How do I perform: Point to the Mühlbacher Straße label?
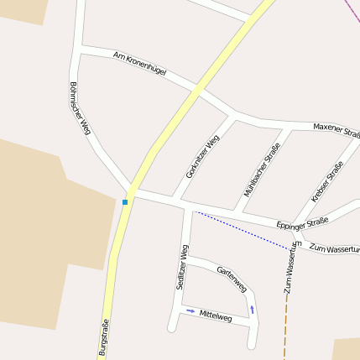click(261, 170)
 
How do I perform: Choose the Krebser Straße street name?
click(326, 181)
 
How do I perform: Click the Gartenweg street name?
click(231, 279)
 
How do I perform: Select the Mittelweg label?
click(215, 315)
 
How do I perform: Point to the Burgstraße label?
click(105, 337)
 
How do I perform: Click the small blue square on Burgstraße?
click(125, 202)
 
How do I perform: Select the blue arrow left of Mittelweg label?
click(190, 311)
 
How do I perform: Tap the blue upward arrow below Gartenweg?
click(252, 309)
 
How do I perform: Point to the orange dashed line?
click(285, 327)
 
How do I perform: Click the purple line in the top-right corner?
click(352, 8)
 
